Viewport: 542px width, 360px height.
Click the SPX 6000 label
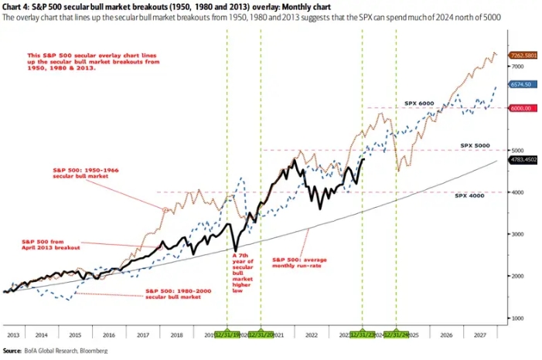[x=421, y=103]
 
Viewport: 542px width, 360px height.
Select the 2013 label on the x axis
[x=13, y=335]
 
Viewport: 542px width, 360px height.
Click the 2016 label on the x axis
[x=109, y=335]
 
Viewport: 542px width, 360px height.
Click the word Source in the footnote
[x=12, y=352]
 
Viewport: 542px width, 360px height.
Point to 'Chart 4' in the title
[x=15, y=7]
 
